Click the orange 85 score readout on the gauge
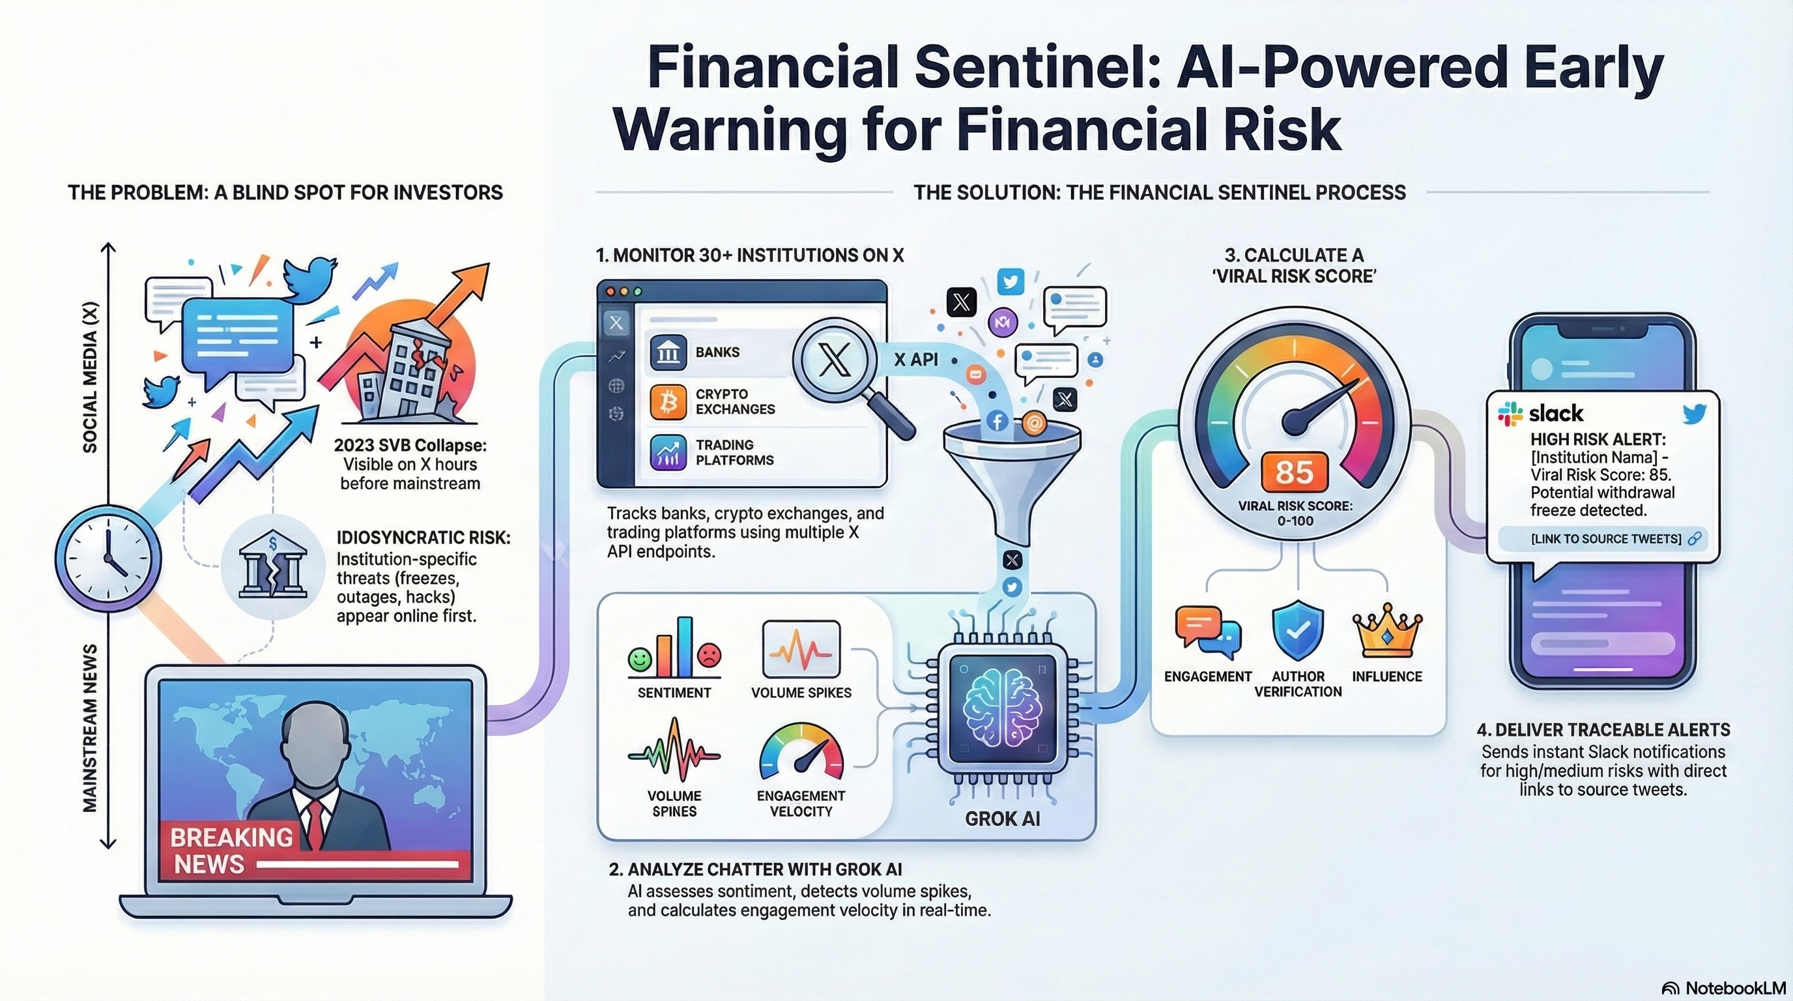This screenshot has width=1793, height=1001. pyautogui.click(x=1295, y=472)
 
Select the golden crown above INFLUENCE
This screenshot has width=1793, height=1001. pyautogui.click(x=1387, y=631)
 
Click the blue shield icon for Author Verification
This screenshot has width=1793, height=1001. pyautogui.click(x=1298, y=630)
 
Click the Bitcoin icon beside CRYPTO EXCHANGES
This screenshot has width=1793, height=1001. pyautogui.click(x=668, y=401)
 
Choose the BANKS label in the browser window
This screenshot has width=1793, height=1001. pyautogui.click(x=717, y=352)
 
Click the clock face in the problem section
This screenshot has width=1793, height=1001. pyautogui.click(x=108, y=558)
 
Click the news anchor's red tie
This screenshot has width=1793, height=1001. pyautogui.click(x=315, y=824)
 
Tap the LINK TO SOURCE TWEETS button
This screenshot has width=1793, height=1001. pyautogui.click(x=1606, y=539)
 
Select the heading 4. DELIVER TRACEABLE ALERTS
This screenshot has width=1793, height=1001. pyautogui.click(x=1603, y=729)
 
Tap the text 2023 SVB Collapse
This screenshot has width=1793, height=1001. pyautogui.click(x=410, y=445)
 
